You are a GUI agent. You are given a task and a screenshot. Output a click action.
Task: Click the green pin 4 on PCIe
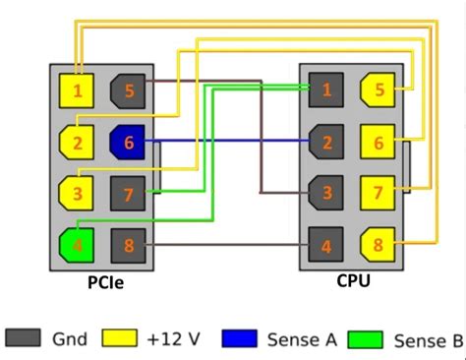pos(76,239)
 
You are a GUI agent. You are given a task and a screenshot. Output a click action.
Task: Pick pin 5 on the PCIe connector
pos(128,91)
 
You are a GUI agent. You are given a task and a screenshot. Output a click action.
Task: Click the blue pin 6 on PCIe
pos(128,141)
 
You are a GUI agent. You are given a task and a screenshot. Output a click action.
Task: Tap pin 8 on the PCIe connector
pos(128,239)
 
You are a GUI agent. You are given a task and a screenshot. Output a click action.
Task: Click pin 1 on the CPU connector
pos(325,90)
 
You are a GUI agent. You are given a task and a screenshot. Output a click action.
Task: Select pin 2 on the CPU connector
pos(325,141)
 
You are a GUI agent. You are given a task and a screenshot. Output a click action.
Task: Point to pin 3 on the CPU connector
pos(325,190)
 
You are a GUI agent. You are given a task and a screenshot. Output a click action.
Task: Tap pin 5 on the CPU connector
pos(378,90)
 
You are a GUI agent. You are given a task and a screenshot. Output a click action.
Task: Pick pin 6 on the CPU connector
pos(378,141)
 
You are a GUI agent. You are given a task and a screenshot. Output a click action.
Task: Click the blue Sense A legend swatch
pos(241,339)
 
